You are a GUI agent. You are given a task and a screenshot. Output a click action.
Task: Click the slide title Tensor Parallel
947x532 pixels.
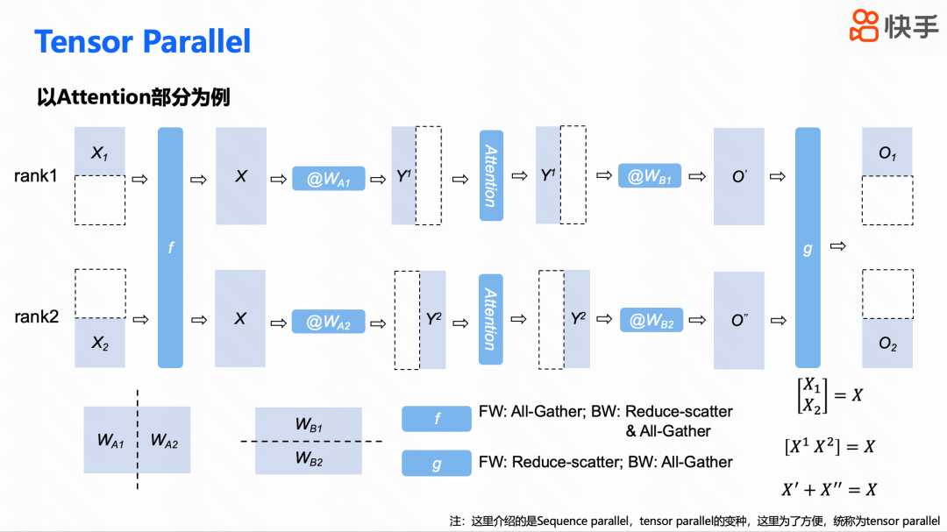tap(142, 41)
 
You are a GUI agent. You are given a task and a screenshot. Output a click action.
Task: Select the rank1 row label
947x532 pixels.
tap(36, 176)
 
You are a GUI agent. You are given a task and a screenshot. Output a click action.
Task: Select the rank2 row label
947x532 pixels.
tap(36, 316)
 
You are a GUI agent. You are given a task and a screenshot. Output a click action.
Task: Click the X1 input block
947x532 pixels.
tap(99, 152)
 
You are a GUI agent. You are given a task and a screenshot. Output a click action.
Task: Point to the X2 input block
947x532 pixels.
tap(99, 343)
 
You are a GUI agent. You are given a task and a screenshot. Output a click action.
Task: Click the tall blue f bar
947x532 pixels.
tap(170, 247)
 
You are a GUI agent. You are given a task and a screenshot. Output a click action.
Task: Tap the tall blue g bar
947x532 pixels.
tap(808, 247)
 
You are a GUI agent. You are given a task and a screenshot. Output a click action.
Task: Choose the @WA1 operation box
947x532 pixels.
tap(329, 179)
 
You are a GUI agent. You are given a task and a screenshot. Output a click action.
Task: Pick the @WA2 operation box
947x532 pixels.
tap(329, 323)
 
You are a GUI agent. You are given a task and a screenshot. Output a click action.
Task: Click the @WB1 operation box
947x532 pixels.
tap(650, 177)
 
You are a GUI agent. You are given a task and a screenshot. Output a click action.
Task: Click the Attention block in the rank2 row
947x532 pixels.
tap(491, 319)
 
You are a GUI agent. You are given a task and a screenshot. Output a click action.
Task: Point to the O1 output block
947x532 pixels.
tap(887, 153)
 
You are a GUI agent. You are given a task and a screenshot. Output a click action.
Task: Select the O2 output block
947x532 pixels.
tap(887, 344)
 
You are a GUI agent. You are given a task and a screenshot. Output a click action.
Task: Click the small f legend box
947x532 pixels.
tap(437, 419)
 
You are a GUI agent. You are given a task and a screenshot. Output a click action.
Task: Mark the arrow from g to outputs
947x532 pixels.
tap(838, 246)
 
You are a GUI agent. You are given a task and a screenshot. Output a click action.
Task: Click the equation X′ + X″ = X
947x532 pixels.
tap(829, 489)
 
